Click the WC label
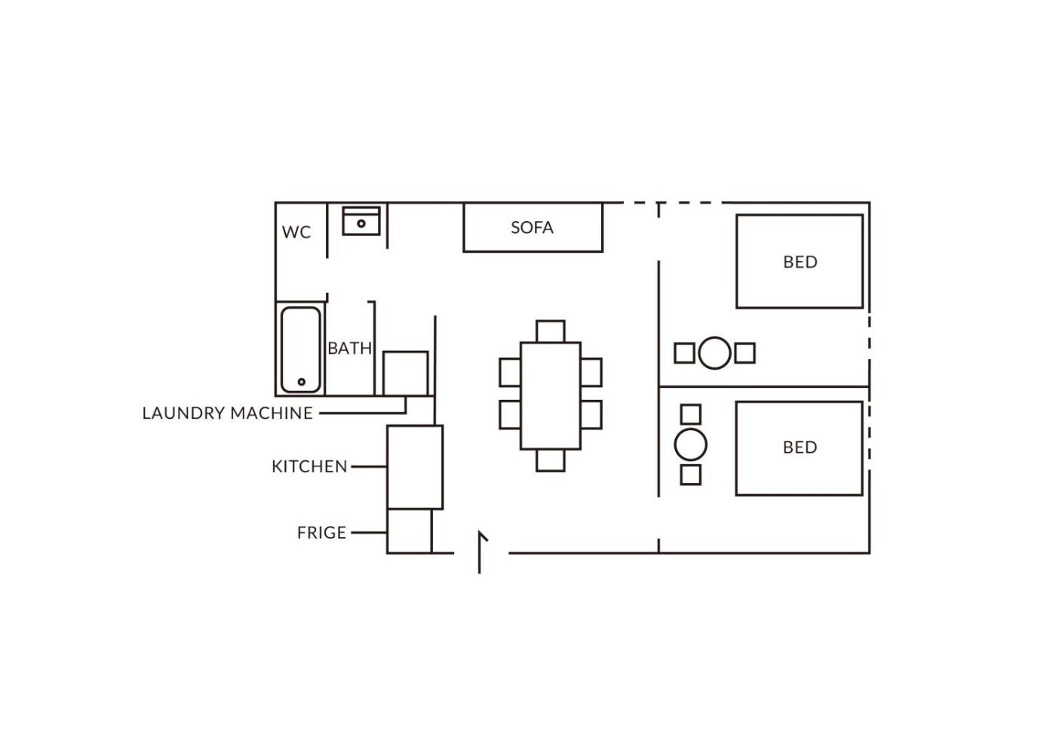coord(296,232)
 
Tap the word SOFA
coord(533,228)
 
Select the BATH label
coord(350,349)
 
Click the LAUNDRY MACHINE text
coord(227,413)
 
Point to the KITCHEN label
coord(310,467)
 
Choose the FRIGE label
coord(322,533)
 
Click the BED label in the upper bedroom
coord(800,263)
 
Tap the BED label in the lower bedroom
coord(800,447)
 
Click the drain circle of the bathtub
coord(301,382)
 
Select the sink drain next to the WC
coord(361,223)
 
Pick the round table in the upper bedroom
coord(715,353)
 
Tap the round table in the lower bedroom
coord(691,444)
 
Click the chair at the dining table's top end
coord(551,331)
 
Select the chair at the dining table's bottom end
coord(551,460)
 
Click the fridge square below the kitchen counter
coord(409,531)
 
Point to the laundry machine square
coord(406,373)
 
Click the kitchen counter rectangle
coord(416,467)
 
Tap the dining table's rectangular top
coord(551,395)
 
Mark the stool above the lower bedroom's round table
coord(691,414)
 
